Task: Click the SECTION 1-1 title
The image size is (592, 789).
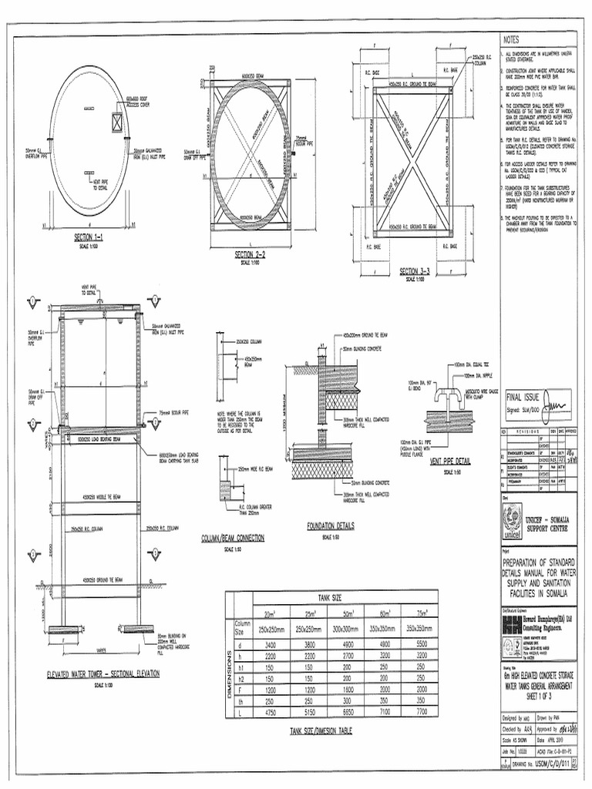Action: coord(93,237)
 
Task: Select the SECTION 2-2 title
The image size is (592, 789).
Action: coord(250,253)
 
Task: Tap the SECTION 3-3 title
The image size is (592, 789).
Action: coord(414,270)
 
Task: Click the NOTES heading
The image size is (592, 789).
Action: coord(512,40)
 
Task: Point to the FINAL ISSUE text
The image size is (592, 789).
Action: coord(524,399)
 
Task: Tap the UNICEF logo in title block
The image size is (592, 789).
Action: coord(511,528)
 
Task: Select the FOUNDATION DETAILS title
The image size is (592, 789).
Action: coord(330,526)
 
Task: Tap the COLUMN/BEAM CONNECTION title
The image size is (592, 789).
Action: coord(233,538)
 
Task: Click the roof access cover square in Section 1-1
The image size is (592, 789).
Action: coord(118,123)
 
